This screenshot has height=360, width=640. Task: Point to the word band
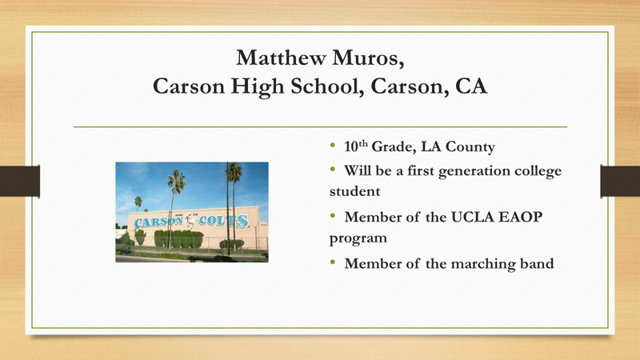534,262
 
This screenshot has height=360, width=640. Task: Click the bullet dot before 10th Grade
333,148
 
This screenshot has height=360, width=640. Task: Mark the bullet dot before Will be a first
333,171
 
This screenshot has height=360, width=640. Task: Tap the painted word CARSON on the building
154,220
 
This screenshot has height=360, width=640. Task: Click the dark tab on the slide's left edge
20,181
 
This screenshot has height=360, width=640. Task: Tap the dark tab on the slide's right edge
620,181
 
